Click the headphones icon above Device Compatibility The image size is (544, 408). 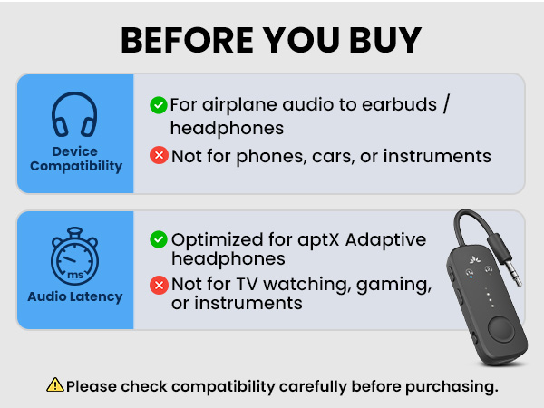click(74, 117)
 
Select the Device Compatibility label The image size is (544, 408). click(74, 159)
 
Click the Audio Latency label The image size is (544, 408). click(74, 296)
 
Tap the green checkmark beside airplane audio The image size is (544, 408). click(158, 105)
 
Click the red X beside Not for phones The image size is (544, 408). click(158, 156)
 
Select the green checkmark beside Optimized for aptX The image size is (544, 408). click(158, 239)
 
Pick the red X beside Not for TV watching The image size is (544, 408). click(158, 286)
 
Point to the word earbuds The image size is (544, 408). click(390, 104)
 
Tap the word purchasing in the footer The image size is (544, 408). click(450, 386)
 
